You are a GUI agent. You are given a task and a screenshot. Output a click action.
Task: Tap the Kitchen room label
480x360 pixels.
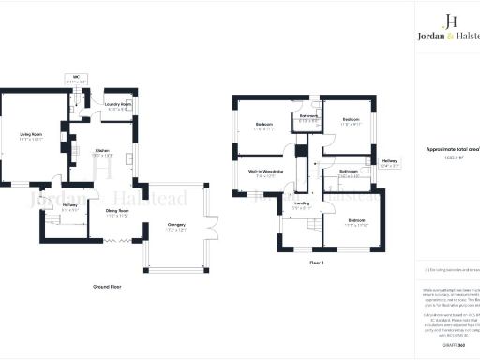pyautogui.click(x=100, y=152)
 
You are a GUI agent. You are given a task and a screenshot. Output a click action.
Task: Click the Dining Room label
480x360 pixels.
pyautogui.click(x=116, y=212)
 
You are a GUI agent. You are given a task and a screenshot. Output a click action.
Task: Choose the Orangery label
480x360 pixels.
pyautogui.click(x=175, y=225)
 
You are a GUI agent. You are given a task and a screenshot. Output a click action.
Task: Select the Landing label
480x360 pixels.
pyautogui.click(x=302, y=202)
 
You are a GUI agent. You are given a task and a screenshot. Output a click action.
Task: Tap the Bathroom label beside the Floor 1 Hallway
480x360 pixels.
pyautogui.click(x=349, y=172)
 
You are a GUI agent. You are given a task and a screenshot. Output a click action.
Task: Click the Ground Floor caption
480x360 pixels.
pyautogui.click(x=110, y=284)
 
